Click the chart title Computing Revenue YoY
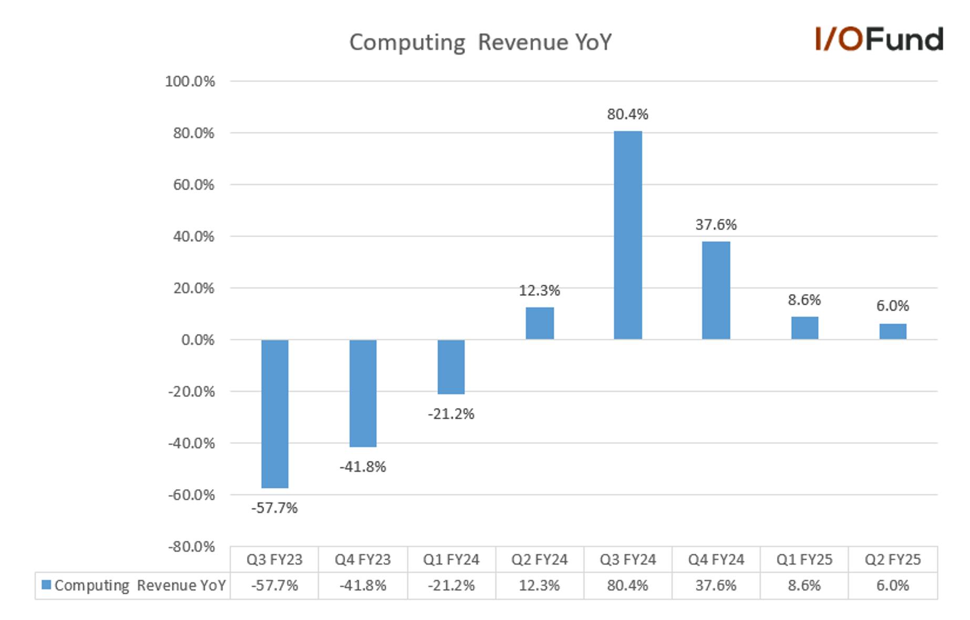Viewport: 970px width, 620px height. click(x=480, y=43)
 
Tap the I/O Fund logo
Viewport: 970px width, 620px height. click(x=879, y=39)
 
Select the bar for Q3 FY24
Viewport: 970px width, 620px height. click(x=628, y=235)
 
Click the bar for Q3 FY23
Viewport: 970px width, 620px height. click(x=275, y=414)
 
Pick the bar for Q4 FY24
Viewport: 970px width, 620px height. click(x=716, y=291)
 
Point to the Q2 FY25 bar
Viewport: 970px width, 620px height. click(x=893, y=332)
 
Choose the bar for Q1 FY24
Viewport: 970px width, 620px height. click(x=451, y=367)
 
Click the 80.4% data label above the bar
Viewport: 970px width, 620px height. click(x=628, y=114)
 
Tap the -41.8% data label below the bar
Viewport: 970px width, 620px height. click(x=363, y=467)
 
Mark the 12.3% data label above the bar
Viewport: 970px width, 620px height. click(x=540, y=291)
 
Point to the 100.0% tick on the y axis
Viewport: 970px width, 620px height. click(x=190, y=81)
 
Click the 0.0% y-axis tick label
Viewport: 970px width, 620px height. click(x=198, y=340)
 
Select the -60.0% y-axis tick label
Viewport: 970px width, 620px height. click(x=191, y=495)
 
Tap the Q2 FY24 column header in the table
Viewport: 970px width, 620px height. click(x=540, y=560)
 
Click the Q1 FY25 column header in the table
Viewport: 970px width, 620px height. click(x=804, y=560)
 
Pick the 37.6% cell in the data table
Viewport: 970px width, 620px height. click(x=716, y=585)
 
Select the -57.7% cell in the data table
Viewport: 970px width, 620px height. click(x=274, y=585)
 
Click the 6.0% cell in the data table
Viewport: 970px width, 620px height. click(x=893, y=585)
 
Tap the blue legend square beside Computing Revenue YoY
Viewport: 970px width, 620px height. click(x=46, y=585)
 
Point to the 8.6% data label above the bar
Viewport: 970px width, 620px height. click(x=804, y=300)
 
